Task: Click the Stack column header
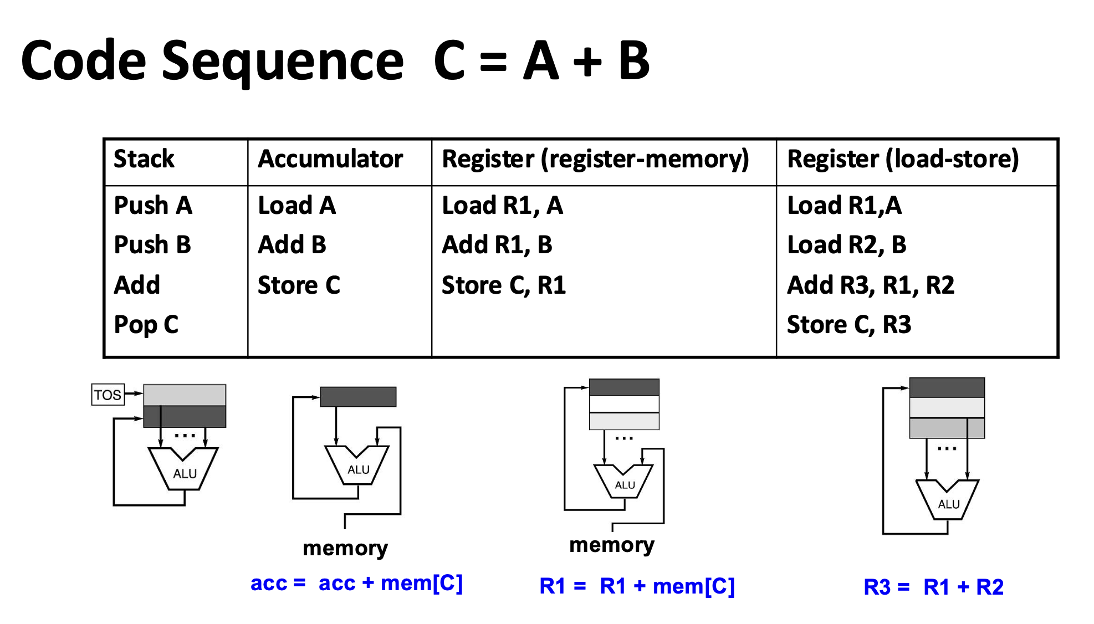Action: point(144,159)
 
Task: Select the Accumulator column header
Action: point(330,159)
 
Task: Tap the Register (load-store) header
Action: point(903,159)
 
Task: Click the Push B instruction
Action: point(152,245)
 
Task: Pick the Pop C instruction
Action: point(146,325)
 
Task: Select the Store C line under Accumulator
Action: point(299,285)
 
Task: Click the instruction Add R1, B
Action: point(497,245)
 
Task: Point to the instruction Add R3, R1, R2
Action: point(871,285)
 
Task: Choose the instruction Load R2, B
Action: point(847,245)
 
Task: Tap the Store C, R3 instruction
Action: point(849,325)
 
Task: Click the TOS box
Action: point(108,395)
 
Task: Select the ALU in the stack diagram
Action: point(185,471)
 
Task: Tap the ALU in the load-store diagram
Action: point(948,502)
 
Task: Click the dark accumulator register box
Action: point(358,397)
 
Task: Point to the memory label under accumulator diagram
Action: point(345,548)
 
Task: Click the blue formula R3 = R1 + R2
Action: point(933,587)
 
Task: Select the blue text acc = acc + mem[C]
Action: point(356,583)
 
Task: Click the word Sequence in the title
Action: point(283,61)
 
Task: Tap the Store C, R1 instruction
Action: point(503,285)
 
